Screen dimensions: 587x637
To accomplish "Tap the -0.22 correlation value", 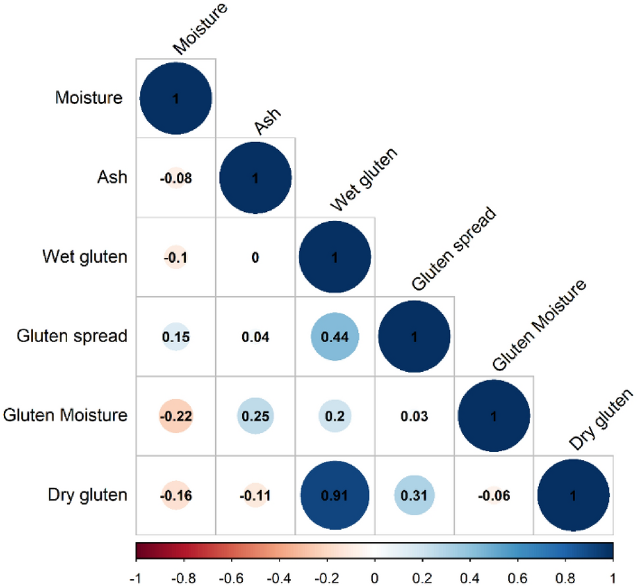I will point(176,416).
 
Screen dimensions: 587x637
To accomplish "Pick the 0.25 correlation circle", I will point(255,416).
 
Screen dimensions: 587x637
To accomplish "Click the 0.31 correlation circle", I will point(414,495).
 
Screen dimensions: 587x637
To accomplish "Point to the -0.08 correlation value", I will point(176,178).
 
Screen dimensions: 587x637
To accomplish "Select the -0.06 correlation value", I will point(494,495).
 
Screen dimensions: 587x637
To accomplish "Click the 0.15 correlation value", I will point(176,336).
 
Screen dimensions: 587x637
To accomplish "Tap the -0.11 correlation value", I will point(255,495).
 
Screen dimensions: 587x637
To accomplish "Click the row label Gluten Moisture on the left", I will point(64,416).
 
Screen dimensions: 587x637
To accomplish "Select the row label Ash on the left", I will point(113,178).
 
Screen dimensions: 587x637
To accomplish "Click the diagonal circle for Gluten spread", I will point(414,336).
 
